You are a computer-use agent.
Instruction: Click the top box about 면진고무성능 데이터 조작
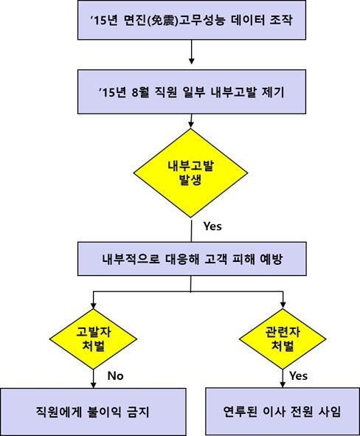(x=192, y=20)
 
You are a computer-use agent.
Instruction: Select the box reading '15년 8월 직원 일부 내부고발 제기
(x=192, y=91)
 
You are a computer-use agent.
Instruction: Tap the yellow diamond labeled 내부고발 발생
(x=191, y=173)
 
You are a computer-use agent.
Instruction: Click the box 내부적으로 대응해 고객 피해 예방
(x=192, y=259)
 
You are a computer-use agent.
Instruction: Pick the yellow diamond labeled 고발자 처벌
(x=93, y=339)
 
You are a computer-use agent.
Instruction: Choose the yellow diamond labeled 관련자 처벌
(x=283, y=339)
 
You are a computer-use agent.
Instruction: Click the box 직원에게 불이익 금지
(x=93, y=412)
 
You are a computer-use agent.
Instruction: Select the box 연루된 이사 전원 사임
(x=283, y=411)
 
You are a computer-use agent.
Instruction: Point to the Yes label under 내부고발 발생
(x=212, y=226)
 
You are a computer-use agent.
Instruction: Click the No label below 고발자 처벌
(x=115, y=376)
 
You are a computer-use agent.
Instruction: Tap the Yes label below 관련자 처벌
(x=298, y=376)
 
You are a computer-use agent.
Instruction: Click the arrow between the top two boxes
(x=191, y=52)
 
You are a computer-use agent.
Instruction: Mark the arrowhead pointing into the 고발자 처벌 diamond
(x=94, y=305)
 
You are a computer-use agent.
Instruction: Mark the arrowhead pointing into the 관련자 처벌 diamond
(x=283, y=305)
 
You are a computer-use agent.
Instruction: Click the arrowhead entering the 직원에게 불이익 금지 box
(x=94, y=384)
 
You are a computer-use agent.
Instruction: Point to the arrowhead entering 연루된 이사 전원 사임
(x=283, y=384)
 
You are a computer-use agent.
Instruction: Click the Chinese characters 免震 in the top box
(x=162, y=21)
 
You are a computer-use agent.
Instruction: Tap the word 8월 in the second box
(x=141, y=92)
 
